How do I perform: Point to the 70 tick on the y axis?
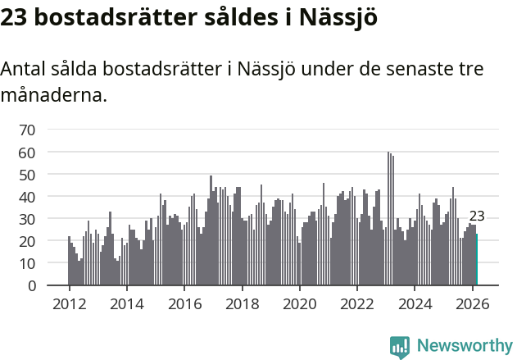(x=27, y=130)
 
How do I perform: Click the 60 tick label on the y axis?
(x=27, y=153)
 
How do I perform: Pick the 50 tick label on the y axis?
(x=27, y=175)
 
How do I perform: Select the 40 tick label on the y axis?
(x=27, y=197)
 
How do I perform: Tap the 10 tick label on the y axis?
(x=27, y=264)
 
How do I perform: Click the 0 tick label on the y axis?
(x=31, y=286)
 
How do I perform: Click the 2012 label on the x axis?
(x=69, y=303)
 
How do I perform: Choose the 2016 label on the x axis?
(x=184, y=303)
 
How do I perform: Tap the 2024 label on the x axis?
(x=415, y=303)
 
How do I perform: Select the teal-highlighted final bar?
(x=477, y=260)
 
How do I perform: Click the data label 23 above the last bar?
(x=477, y=217)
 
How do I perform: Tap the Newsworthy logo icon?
(x=400, y=347)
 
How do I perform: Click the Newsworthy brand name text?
(x=464, y=346)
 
